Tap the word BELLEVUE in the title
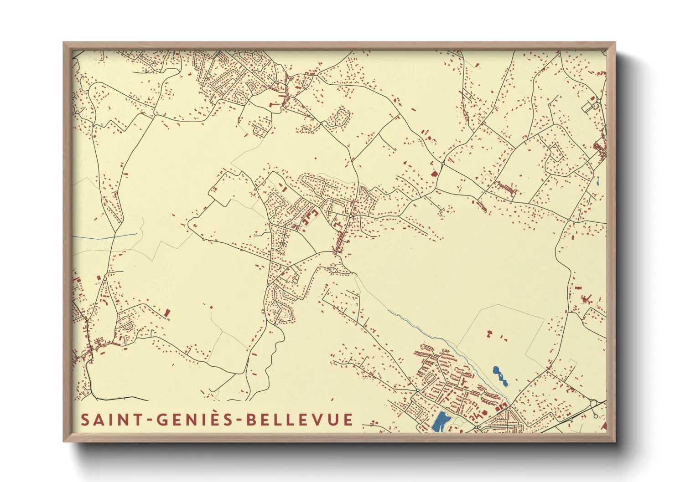[x=300, y=420]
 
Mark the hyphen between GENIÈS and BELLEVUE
[x=239, y=420]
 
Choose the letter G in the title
[x=163, y=420]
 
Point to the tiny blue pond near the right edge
[x=597, y=181]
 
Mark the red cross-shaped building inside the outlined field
[x=490, y=334]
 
